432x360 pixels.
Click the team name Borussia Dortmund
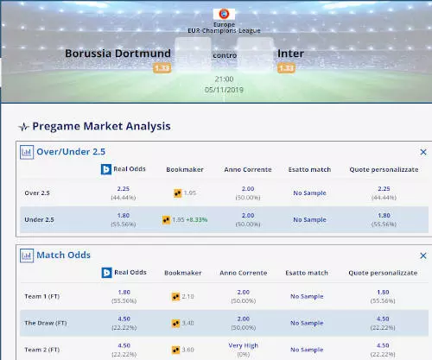(x=130, y=54)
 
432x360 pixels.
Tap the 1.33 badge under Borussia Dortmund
(x=162, y=68)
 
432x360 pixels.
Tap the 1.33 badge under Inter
(x=286, y=68)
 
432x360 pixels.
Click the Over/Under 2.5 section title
(x=77, y=151)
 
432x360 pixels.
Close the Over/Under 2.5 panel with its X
(x=422, y=151)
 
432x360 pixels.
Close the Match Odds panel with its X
(x=422, y=256)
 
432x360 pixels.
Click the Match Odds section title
(x=63, y=256)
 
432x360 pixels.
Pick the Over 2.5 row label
(x=37, y=193)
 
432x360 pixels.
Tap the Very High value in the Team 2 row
(x=248, y=346)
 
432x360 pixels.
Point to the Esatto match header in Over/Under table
(x=308, y=170)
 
